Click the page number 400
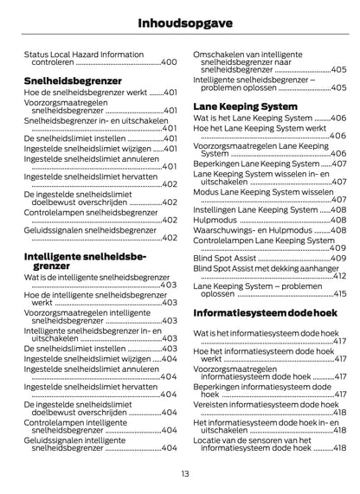[x=169, y=63]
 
